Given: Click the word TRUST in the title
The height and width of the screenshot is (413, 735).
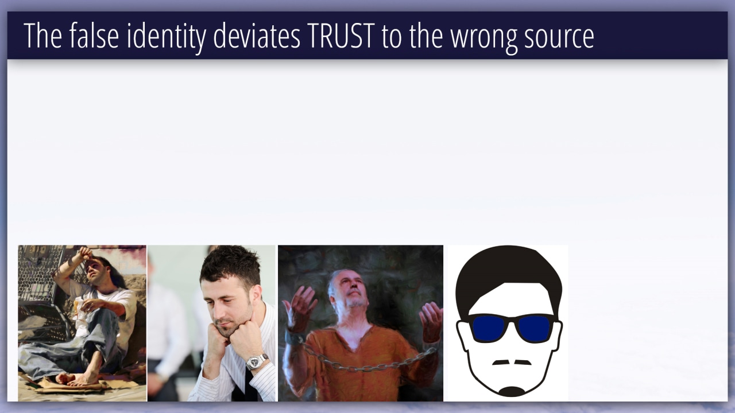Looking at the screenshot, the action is pyautogui.click(x=341, y=36).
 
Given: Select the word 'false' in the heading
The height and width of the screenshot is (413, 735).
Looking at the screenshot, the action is pyautogui.click(x=94, y=36).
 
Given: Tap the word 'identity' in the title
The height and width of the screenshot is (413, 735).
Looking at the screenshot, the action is pyautogui.click(x=167, y=37).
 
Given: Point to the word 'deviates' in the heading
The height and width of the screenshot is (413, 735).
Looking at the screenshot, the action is pyautogui.click(x=257, y=36).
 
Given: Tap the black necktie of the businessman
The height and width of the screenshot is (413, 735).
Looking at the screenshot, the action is pyautogui.click(x=245, y=387).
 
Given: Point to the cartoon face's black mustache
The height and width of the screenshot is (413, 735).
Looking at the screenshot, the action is pyautogui.click(x=512, y=363).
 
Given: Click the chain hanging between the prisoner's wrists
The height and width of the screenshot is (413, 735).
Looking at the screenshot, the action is pyautogui.click(x=367, y=362).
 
